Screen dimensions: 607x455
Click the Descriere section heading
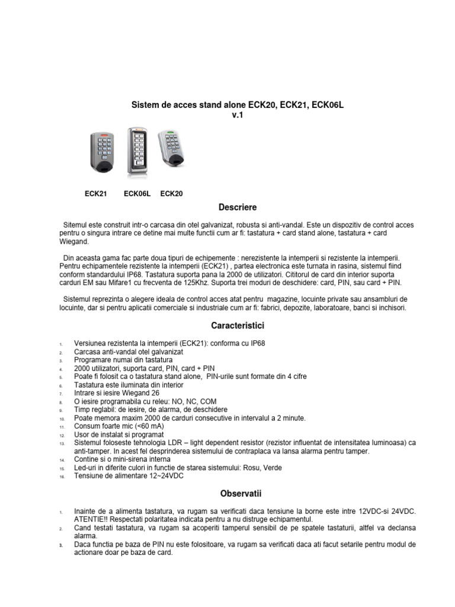pos(238,207)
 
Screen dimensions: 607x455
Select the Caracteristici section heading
pos(238,326)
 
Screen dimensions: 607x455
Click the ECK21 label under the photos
pos(96,194)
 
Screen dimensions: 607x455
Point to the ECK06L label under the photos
pos(137,194)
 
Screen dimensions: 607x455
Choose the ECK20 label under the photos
pos(172,194)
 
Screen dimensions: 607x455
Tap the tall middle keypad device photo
pos(137,152)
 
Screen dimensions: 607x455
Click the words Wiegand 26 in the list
pos(137,393)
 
